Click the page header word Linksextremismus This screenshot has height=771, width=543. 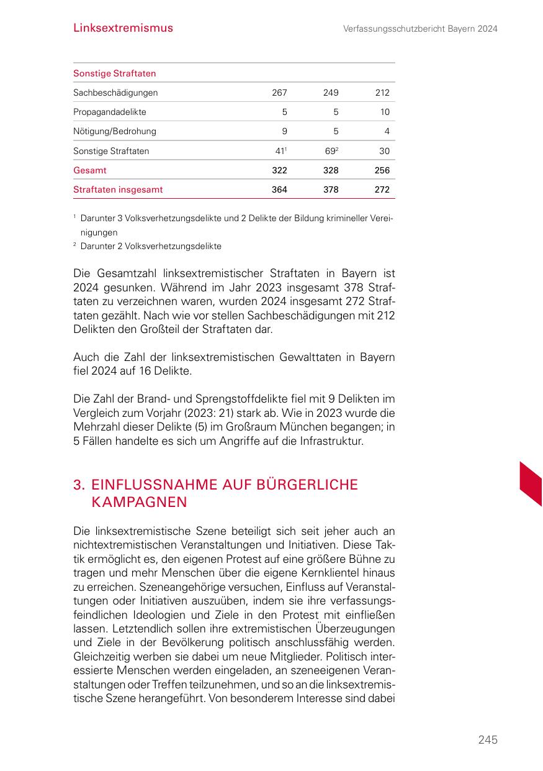[x=123, y=28]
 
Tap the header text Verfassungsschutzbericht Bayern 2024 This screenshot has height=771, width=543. [x=420, y=29]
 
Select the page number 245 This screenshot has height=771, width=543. [x=488, y=739]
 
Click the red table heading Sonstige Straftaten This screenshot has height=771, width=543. [x=115, y=73]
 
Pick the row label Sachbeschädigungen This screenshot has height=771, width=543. [x=115, y=93]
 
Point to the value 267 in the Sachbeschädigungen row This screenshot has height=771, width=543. [x=279, y=93]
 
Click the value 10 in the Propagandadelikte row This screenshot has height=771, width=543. [x=385, y=112]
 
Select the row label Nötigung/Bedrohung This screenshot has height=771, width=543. [x=115, y=131]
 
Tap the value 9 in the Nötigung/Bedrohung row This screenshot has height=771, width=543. [x=284, y=131]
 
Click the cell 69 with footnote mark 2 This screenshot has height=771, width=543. [x=331, y=150]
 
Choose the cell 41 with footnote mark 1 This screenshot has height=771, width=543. [x=280, y=150]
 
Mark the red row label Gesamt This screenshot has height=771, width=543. [x=90, y=170]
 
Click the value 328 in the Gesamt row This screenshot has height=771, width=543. [x=331, y=170]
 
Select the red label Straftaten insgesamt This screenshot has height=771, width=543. [x=118, y=189]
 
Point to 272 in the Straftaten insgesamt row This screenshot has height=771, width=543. [x=382, y=189]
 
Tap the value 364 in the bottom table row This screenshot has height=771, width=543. [x=279, y=189]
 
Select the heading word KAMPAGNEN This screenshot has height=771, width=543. [x=139, y=502]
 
